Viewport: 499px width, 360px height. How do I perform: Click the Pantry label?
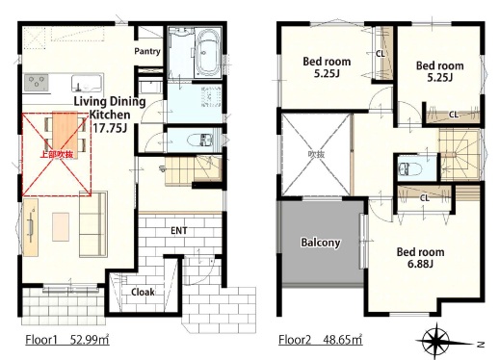point(147,51)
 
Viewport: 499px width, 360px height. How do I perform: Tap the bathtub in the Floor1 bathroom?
point(207,53)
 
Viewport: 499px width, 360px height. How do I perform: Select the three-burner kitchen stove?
point(36,83)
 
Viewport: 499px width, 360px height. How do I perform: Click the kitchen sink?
point(88,84)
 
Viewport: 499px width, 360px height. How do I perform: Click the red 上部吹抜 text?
point(56,154)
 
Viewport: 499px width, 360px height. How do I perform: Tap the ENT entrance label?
point(179,231)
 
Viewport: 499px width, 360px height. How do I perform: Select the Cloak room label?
point(143,292)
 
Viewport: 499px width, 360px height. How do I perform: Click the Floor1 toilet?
point(199,140)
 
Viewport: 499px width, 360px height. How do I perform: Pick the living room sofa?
point(93,224)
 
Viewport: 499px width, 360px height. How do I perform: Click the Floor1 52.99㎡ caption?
point(67,340)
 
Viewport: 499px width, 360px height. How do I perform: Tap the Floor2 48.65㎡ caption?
point(321,340)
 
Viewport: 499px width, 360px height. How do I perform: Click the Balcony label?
point(321,243)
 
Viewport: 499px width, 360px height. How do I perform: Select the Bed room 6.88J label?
point(420,258)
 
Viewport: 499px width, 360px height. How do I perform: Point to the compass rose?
point(436,341)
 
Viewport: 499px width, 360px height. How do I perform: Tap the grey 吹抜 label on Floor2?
point(317,155)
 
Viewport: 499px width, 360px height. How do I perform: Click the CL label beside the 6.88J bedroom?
point(425,198)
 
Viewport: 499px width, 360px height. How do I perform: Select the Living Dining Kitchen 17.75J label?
point(110,115)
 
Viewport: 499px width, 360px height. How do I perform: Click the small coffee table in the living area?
point(61,227)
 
